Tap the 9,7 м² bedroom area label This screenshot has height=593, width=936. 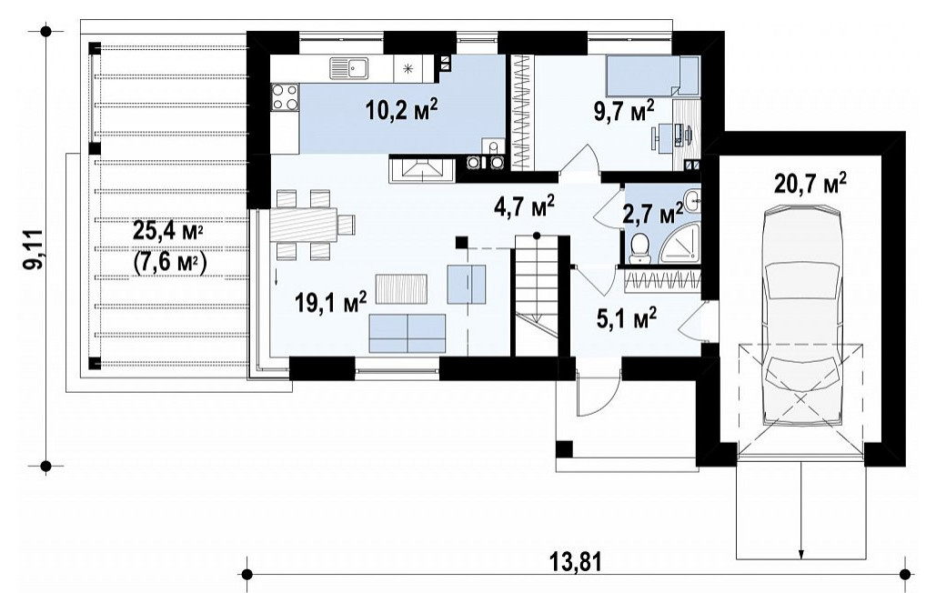[x=624, y=110]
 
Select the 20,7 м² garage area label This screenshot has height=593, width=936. [x=810, y=184]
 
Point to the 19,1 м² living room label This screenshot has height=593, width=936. [x=330, y=303]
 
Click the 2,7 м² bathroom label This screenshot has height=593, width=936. [x=652, y=213]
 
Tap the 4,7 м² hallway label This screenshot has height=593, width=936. [x=525, y=206]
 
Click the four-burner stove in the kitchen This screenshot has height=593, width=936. [x=285, y=97]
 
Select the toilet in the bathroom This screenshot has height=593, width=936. [x=639, y=247]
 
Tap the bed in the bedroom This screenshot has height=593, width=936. [x=652, y=75]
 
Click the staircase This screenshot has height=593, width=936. [x=538, y=296]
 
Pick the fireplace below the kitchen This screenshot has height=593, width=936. [x=421, y=169]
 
